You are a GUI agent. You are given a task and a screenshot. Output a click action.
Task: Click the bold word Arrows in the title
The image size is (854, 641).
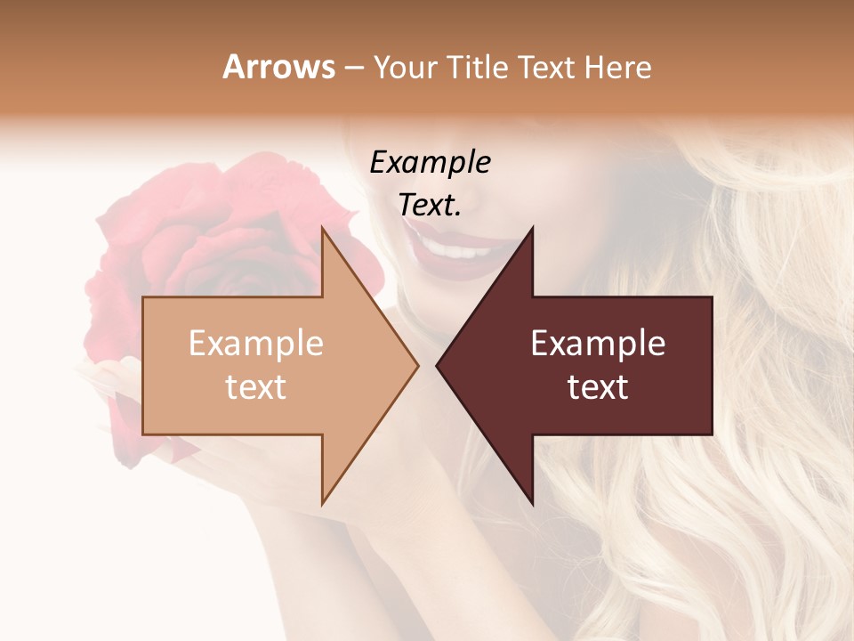point(279,67)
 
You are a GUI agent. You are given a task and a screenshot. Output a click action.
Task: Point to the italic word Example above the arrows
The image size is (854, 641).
point(430,163)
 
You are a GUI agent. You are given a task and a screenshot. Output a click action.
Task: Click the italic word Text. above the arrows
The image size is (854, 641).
point(430,205)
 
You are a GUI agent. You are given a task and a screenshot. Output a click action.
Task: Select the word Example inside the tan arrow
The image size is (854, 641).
point(256,343)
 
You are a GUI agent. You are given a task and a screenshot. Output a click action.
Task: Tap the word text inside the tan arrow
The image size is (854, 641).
point(256,386)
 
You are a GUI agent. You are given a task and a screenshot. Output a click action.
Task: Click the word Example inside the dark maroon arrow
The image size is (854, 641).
point(598,343)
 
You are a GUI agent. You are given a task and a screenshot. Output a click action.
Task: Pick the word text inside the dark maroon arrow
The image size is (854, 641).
point(598,386)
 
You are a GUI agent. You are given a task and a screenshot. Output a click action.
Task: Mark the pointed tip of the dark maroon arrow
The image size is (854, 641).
point(438,365)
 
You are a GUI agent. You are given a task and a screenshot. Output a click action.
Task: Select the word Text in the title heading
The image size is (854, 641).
point(546,67)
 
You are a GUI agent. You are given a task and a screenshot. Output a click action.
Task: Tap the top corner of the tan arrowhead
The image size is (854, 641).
point(323,229)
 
